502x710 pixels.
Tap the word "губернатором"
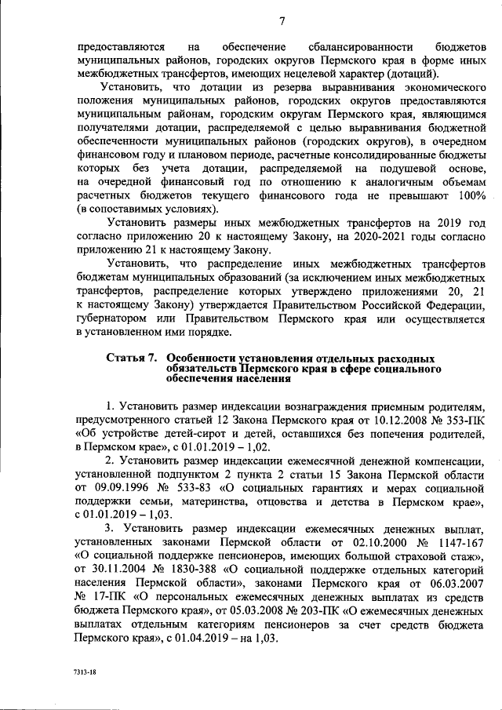click(x=112, y=319)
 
